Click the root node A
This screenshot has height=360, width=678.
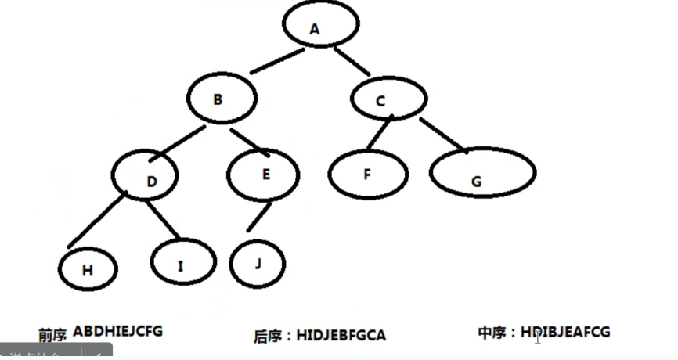click(x=315, y=29)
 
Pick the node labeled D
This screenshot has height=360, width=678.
click(x=150, y=181)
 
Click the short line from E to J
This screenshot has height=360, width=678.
click(x=259, y=218)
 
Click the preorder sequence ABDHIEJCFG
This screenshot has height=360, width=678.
click(x=117, y=330)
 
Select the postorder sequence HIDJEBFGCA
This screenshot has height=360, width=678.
click(x=341, y=336)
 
